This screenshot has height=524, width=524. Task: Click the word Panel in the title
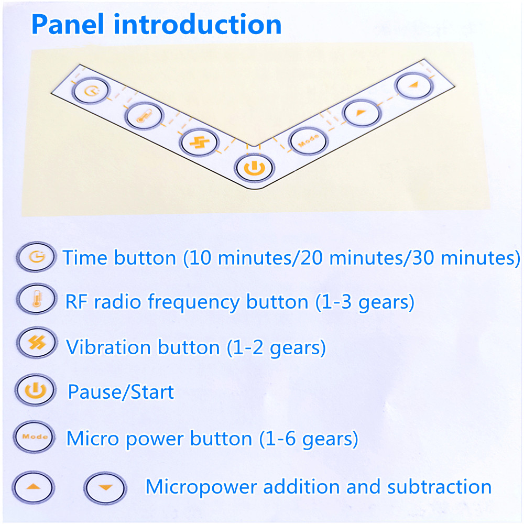coord(68,25)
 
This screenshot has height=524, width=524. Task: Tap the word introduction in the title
coord(198,25)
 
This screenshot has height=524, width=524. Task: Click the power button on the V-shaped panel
coord(254,168)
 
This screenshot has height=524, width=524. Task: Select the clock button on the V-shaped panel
coord(91,91)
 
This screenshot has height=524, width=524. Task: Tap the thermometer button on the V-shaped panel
coord(145,116)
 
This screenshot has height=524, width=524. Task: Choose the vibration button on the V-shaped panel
coord(199,143)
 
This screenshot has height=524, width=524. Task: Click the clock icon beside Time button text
coord(37,257)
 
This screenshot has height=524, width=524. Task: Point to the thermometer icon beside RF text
coord(37,299)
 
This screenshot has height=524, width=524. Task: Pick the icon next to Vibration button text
coord(37,343)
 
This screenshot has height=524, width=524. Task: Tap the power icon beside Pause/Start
coord(36,390)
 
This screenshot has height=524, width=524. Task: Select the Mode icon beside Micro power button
coord(35,437)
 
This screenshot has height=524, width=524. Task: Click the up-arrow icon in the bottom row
coord(33,487)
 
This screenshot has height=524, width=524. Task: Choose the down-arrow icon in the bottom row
coord(105,488)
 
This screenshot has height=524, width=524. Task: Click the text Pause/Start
coord(121,392)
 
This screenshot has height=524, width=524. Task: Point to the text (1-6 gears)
coord(309,439)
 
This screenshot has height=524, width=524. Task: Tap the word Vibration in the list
coord(108,347)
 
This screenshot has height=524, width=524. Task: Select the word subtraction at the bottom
coord(439,487)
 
